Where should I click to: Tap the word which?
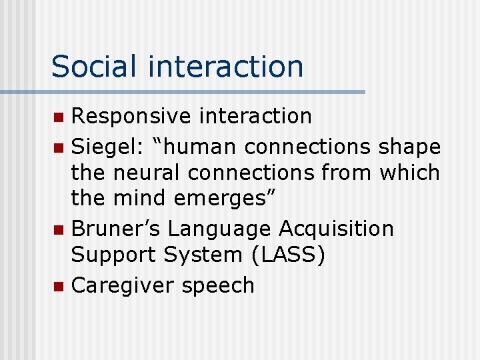click(x=409, y=173)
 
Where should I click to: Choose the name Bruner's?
click(x=116, y=229)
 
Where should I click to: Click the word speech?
click(x=221, y=286)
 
